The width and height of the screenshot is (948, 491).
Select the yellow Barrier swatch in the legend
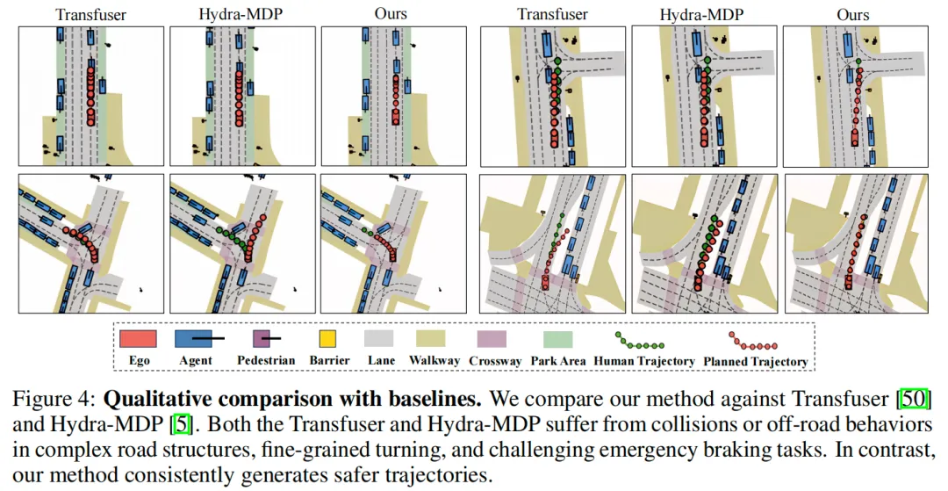[328, 339]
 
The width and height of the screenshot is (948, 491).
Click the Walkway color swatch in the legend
[432, 339]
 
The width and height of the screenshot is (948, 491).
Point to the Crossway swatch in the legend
[493, 339]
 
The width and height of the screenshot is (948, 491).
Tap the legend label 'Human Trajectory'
[643, 361]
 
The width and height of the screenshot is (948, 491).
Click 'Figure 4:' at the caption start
[54, 400]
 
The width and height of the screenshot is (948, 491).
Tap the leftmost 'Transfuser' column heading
[90, 14]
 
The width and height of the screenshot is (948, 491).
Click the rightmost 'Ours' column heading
[852, 14]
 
